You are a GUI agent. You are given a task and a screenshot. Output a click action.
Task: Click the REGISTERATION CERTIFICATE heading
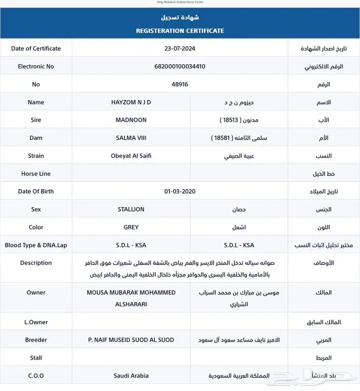click(179, 31)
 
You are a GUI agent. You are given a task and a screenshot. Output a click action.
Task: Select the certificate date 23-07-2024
click(180, 48)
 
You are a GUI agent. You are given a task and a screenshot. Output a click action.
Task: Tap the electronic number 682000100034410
click(180, 66)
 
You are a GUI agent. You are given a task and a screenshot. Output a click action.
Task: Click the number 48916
click(180, 84)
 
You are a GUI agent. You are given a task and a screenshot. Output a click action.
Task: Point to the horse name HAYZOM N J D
click(131, 102)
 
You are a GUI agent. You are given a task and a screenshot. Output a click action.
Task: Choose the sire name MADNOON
click(131, 120)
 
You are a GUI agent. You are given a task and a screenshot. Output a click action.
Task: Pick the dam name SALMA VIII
click(131, 138)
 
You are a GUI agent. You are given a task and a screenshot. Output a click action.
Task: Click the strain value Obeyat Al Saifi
click(131, 156)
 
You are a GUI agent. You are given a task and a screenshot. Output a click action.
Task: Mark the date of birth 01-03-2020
click(180, 191)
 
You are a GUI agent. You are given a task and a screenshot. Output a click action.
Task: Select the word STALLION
click(131, 209)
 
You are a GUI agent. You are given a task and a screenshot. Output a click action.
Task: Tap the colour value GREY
click(131, 227)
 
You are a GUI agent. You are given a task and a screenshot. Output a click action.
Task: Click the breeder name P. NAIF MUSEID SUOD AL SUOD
click(131, 340)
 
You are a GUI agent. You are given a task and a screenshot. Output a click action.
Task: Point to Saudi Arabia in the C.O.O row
click(131, 376)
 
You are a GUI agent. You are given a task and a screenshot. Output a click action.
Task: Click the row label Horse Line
click(36, 174)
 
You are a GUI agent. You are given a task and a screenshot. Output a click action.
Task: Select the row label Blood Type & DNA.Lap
click(36, 245)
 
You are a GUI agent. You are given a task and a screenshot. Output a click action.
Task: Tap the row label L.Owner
click(36, 322)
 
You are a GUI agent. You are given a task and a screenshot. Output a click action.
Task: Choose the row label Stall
click(36, 358)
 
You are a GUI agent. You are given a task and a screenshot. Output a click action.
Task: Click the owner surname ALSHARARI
click(131, 304)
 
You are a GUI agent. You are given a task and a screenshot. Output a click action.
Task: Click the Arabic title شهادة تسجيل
click(179, 17)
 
